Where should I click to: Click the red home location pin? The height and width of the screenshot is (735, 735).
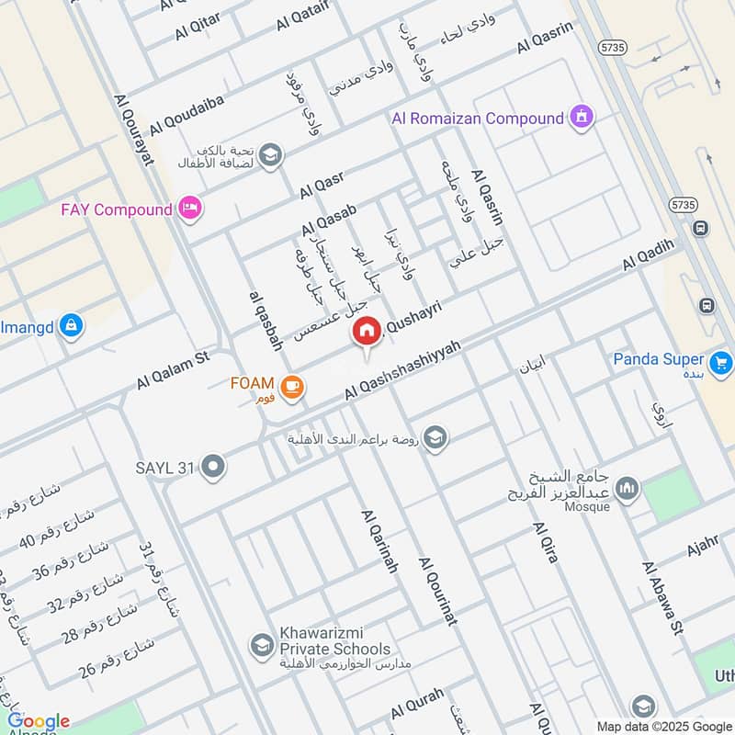[x=367, y=332]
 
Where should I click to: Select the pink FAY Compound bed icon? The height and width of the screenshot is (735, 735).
[x=190, y=209]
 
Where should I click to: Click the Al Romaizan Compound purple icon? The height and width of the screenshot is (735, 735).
[x=581, y=118]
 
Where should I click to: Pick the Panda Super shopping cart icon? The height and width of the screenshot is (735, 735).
[x=720, y=360]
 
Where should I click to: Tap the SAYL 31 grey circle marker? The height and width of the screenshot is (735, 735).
[x=214, y=468]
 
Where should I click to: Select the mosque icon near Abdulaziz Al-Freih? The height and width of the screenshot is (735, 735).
[x=628, y=488]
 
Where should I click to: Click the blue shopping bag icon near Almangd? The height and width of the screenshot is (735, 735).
[x=71, y=324]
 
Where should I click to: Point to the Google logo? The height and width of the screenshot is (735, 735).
[x=39, y=721]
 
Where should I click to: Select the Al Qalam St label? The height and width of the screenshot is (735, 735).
[x=174, y=367]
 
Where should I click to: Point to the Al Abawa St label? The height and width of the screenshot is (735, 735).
[x=663, y=598]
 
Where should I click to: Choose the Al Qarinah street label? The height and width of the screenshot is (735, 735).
[x=379, y=542]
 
